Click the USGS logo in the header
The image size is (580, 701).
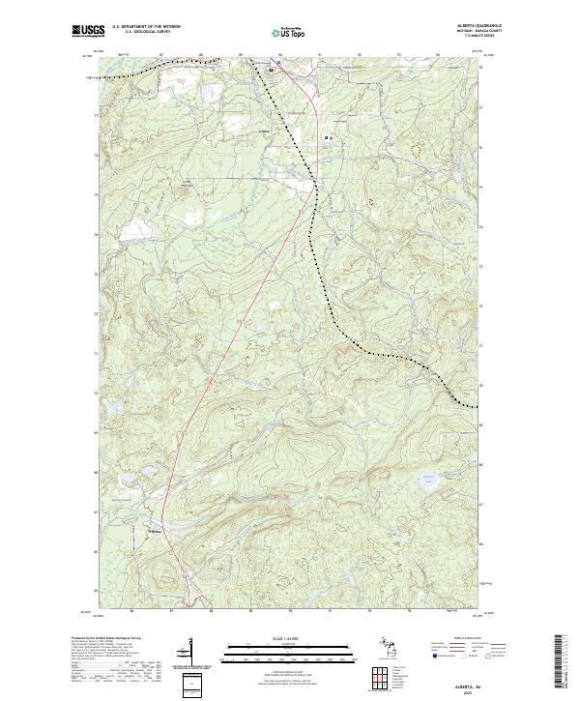(x=88, y=32)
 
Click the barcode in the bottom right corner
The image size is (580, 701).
(x=559, y=660)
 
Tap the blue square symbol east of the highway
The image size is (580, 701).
(x=328, y=138)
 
